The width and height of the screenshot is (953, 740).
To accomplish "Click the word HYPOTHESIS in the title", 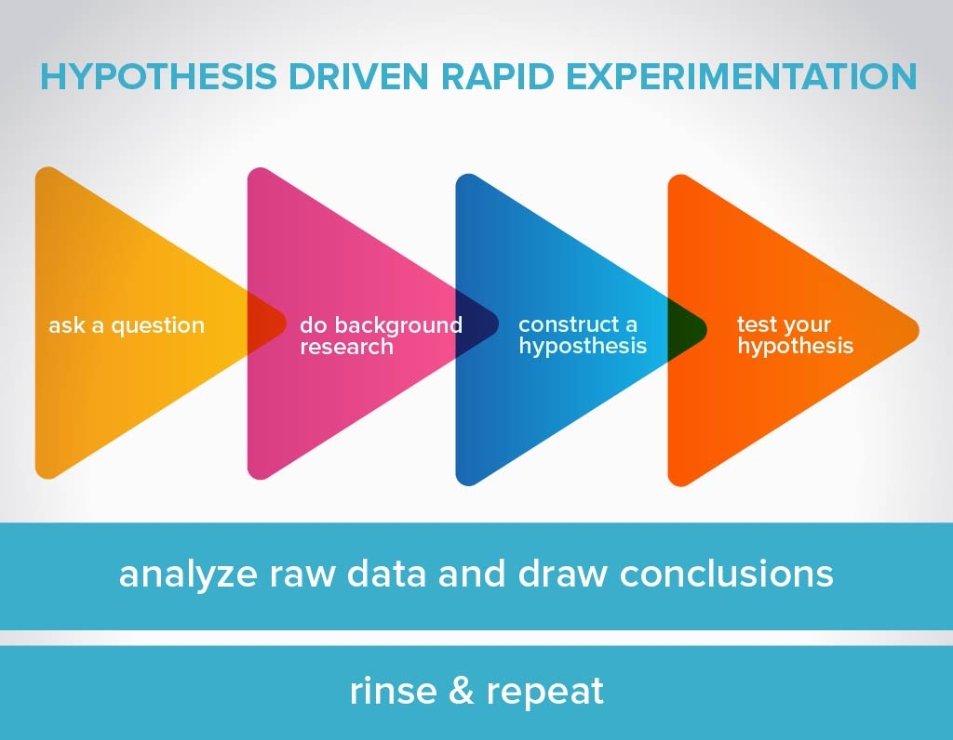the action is (158, 76).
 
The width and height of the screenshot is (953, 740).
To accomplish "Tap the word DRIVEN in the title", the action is (358, 76).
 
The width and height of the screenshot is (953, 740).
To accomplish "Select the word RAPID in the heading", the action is (497, 76).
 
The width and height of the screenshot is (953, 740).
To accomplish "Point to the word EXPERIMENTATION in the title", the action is (741, 76).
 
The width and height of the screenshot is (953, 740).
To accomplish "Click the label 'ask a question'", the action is (127, 326).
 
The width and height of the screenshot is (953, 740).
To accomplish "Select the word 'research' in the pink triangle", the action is (346, 347).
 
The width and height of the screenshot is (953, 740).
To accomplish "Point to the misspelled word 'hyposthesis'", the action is (583, 347).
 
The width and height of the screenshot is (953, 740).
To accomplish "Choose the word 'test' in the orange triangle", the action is (757, 324).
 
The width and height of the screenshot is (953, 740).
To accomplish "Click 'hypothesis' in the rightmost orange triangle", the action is (796, 347).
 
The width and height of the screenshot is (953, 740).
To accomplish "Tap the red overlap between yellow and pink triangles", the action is (264, 323).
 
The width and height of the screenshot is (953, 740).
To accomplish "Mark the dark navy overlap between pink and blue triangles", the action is (476, 324).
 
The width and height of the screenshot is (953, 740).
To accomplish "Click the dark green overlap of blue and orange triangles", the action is (686, 329).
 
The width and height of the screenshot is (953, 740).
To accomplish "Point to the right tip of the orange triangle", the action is (919, 330).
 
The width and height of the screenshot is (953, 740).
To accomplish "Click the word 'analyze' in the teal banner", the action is (188, 575).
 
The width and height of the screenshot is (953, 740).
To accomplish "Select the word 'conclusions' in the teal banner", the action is (726, 574).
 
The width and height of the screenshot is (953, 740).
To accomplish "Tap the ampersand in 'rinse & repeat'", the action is (462, 691).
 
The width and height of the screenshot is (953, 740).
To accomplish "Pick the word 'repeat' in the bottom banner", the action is (545, 692).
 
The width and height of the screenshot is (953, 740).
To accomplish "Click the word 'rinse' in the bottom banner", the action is (394, 691).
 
